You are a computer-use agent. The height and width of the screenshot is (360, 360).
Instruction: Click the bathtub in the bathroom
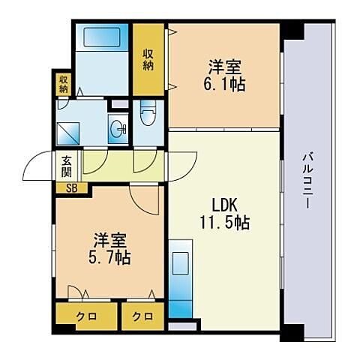tap(102, 37)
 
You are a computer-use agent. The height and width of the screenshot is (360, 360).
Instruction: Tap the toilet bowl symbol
tap(148, 113)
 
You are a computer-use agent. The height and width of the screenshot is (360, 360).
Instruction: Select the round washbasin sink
tap(118, 129)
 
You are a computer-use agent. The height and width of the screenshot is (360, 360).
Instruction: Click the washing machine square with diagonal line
tap(68, 133)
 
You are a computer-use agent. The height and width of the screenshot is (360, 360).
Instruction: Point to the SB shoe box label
tap(72, 188)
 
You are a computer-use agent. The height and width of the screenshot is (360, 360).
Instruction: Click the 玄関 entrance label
tap(67, 166)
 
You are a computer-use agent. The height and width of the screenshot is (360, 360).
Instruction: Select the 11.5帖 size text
tap(224, 223)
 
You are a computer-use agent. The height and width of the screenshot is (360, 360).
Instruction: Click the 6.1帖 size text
tap(224, 85)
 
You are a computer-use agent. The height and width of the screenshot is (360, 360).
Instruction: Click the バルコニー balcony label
tap(308, 181)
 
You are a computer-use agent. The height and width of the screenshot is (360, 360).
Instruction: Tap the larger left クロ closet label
tap(86, 317)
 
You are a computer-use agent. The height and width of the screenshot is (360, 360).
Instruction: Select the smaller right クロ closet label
tap(142, 317)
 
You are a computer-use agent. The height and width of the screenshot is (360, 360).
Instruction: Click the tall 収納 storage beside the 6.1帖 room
tap(148, 59)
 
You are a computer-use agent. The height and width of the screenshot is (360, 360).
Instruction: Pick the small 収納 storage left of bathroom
tap(63, 84)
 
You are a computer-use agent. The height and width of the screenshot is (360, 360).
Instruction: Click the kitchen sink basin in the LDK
tap(181, 263)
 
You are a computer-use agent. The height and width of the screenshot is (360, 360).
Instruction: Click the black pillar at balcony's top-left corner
tap(292, 31)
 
